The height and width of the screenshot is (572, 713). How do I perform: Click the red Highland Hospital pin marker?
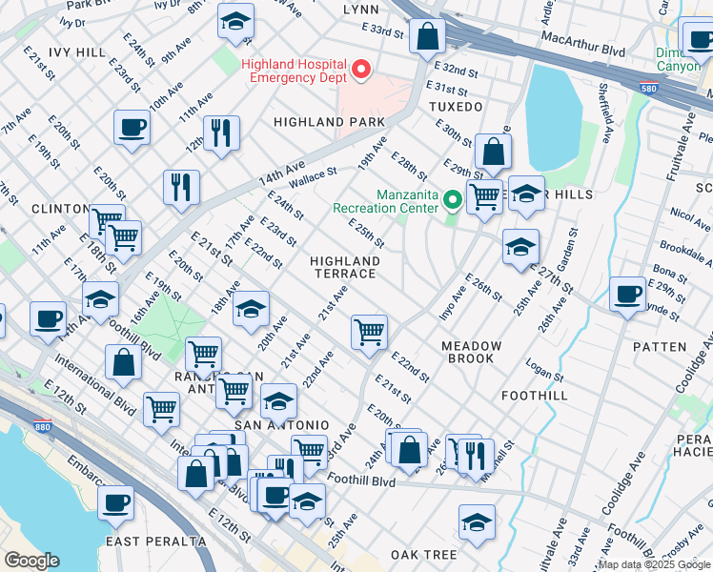tap(361, 69)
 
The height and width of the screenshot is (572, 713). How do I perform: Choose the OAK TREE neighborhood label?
tap(423, 555)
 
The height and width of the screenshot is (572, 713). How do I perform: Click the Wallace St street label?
tap(314, 176)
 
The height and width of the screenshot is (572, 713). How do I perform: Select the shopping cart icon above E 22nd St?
tap(369, 332)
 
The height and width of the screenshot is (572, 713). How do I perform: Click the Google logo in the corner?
tap(31, 560)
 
